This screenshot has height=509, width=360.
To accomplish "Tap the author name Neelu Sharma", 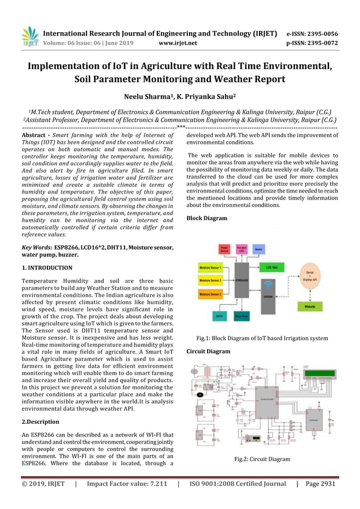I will (x=147, y=97).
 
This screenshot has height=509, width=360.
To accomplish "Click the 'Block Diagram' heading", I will (x=207, y=218).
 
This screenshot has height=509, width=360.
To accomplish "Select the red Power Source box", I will (x=224, y=248).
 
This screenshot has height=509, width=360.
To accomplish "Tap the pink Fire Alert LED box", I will (x=242, y=248).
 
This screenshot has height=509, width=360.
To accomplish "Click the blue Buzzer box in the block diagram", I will (x=259, y=248).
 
